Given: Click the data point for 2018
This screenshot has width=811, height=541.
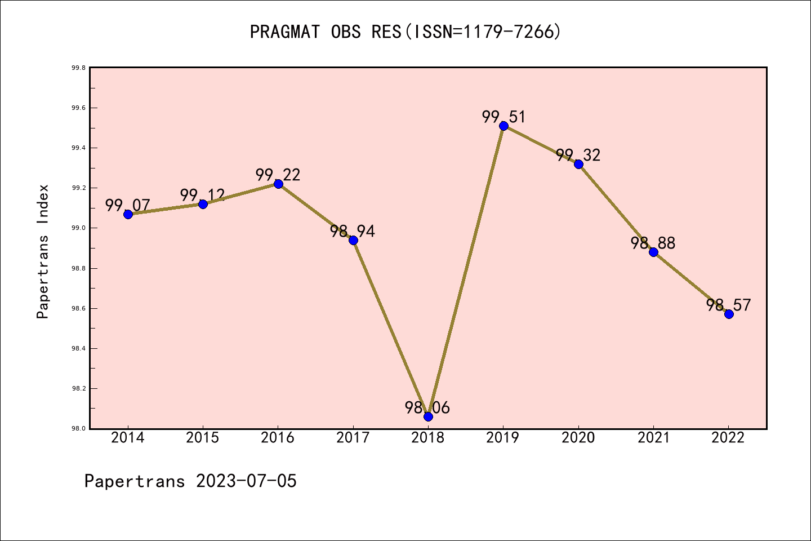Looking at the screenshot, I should click(428, 416).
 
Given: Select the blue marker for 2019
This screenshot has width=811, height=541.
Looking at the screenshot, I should click(503, 126).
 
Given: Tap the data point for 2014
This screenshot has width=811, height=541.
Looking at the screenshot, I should click(128, 214).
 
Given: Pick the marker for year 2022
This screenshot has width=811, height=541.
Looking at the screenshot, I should click(729, 314).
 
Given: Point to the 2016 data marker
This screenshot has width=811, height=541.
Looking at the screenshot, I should click(278, 184).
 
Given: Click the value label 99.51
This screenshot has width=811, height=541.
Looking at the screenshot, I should click(503, 117).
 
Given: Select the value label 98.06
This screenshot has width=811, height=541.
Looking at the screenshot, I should click(427, 407).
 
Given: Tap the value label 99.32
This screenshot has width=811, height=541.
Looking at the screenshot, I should click(578, 155).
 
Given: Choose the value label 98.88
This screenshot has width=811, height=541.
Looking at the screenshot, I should click(653, 243).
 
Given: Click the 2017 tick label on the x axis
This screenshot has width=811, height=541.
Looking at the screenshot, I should click(353, 438).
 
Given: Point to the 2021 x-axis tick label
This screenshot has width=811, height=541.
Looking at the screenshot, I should click(653, 438).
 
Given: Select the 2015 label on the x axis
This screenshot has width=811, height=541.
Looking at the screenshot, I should click(203, 438).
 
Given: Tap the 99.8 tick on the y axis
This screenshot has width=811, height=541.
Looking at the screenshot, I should click(78, 68).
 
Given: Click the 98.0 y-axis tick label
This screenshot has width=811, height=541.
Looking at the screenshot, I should click(78, 429).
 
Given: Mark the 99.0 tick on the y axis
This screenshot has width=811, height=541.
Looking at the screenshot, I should click(78, 228).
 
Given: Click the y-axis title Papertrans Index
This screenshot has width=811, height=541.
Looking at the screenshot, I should click(43, 251).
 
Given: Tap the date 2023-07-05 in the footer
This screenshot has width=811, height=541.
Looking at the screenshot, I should click(246, 481).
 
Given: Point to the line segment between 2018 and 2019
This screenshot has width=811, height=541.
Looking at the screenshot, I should click(466, 271).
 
